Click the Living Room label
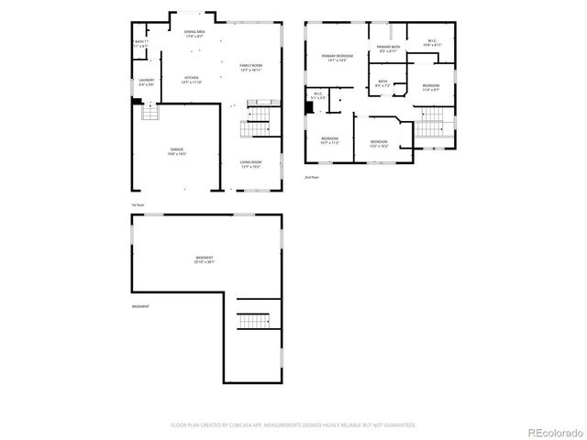click(x=251, y=164)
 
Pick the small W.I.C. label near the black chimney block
click(x=318, y=94)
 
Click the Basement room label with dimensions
click(x=205, y=259)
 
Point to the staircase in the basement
click(x=251, y=320)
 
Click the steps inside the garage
click(x=148, y=113)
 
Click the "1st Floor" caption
click(x=138, y=203)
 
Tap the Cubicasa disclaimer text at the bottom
click(x=293, y=424)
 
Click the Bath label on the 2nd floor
click(x=383, y=84)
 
